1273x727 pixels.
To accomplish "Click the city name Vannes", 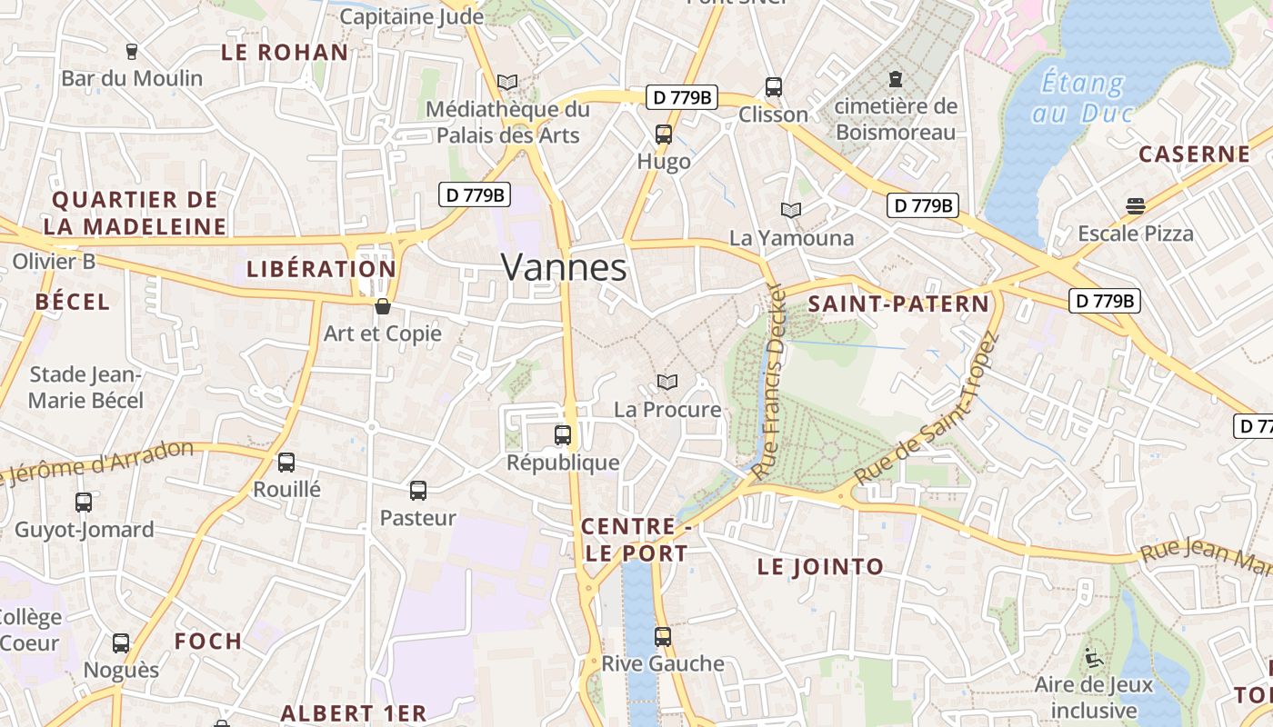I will [x=564, y=267].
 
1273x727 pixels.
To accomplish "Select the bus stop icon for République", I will [x=563, y=434].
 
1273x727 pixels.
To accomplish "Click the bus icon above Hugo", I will [x=664, y=134].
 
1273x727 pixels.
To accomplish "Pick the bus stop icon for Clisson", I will [x=774, y=86].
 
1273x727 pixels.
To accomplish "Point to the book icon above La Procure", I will [x=667, y=383].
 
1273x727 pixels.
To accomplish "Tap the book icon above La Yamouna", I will [x=791, y=210].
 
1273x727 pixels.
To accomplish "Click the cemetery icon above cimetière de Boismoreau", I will [x=896, y=79].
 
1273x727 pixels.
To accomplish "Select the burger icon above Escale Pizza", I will [x=1135, y=205].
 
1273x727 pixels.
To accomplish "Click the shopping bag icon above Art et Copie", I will [x=383, y=306].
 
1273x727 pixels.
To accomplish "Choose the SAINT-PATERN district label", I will [x=898, y=304].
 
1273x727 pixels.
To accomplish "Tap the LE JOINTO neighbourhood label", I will [x=820, y=567].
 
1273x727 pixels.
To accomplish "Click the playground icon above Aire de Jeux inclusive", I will [x=1093, y=656].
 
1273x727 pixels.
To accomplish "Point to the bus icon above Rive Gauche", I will [x=663, y=636].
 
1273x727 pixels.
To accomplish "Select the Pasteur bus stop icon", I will [x=418, y=491].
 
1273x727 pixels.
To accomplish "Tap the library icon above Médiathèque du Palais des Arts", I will [x=507, y=83].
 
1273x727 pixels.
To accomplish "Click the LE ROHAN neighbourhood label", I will [x=285, y=53].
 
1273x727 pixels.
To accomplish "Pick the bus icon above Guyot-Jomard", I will [x=84, y=502].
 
